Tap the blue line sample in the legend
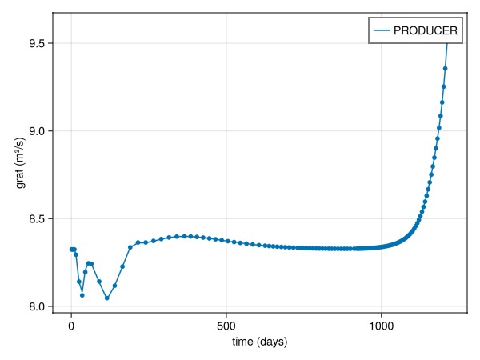380,30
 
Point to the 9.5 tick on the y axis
37,43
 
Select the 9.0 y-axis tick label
37,131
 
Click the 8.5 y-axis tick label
37,218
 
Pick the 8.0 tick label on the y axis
37,306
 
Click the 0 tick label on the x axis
71,326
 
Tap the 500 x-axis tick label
226,326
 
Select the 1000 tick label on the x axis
382,326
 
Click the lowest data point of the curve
107,298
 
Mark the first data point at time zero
71,250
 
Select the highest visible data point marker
446,68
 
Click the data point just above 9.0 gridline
439,128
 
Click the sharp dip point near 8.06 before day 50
82,295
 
